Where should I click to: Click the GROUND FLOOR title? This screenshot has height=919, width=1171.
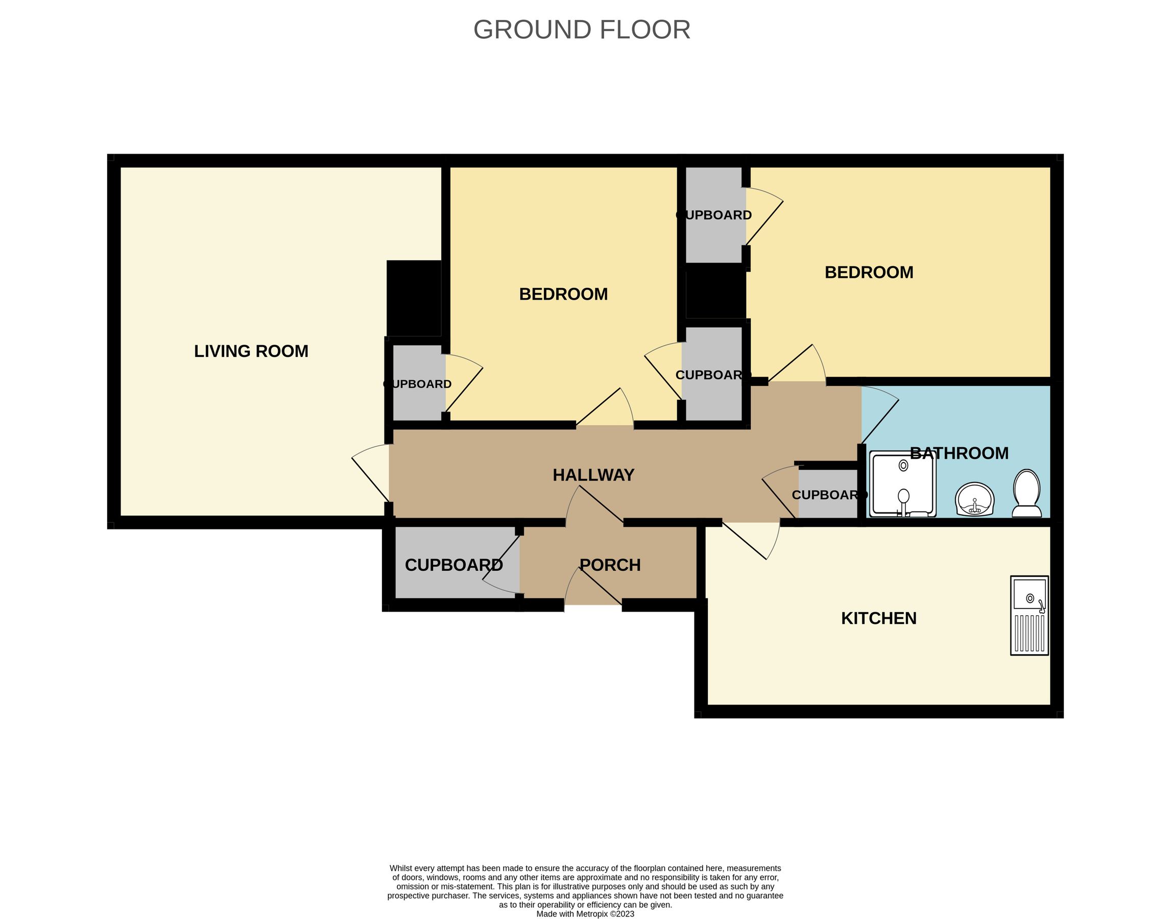tap(581, 30)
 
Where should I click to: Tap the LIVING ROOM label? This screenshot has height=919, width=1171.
tap(251, 351)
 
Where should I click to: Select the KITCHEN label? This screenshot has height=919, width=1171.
tap(878, 618)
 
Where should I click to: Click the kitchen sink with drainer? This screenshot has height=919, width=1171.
tap(1029, 616)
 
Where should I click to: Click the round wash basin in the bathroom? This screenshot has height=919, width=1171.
tap(974, 499)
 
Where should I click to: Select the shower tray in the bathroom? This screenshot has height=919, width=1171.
tap(903, 483)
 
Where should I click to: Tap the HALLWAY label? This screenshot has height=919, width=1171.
tap(593, 475)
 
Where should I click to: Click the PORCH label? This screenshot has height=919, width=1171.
tap(610, 565)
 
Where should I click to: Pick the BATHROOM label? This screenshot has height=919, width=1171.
tap(959, 453)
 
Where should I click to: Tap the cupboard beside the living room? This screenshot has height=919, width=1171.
tap(418, 383)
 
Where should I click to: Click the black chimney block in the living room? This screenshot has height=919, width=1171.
tap(413, 298)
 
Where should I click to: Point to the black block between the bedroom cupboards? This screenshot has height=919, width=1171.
tap(715, 294)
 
